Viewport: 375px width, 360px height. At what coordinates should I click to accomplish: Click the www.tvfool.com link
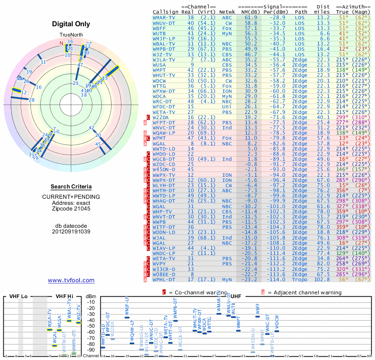click(x=71, y=280)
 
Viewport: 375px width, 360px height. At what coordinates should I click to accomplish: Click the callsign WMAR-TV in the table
click(x=164, y=17)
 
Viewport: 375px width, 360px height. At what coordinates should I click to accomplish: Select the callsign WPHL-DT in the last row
click(x=164, y=279)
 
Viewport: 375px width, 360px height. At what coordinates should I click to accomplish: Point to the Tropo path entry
click(x=300, y=279)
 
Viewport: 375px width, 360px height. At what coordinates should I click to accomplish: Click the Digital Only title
click(x=71, y=24)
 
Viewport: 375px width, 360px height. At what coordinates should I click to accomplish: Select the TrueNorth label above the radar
click(x=71, y=35)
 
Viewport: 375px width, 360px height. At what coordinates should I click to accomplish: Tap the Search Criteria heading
click(x=71, y=187)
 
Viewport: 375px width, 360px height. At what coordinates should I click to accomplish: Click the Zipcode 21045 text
click(x=71, y=208)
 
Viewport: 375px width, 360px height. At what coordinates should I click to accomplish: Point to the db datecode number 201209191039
click(x=71, y=232)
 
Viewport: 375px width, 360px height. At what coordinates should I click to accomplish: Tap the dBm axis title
click(x=90, y=296)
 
